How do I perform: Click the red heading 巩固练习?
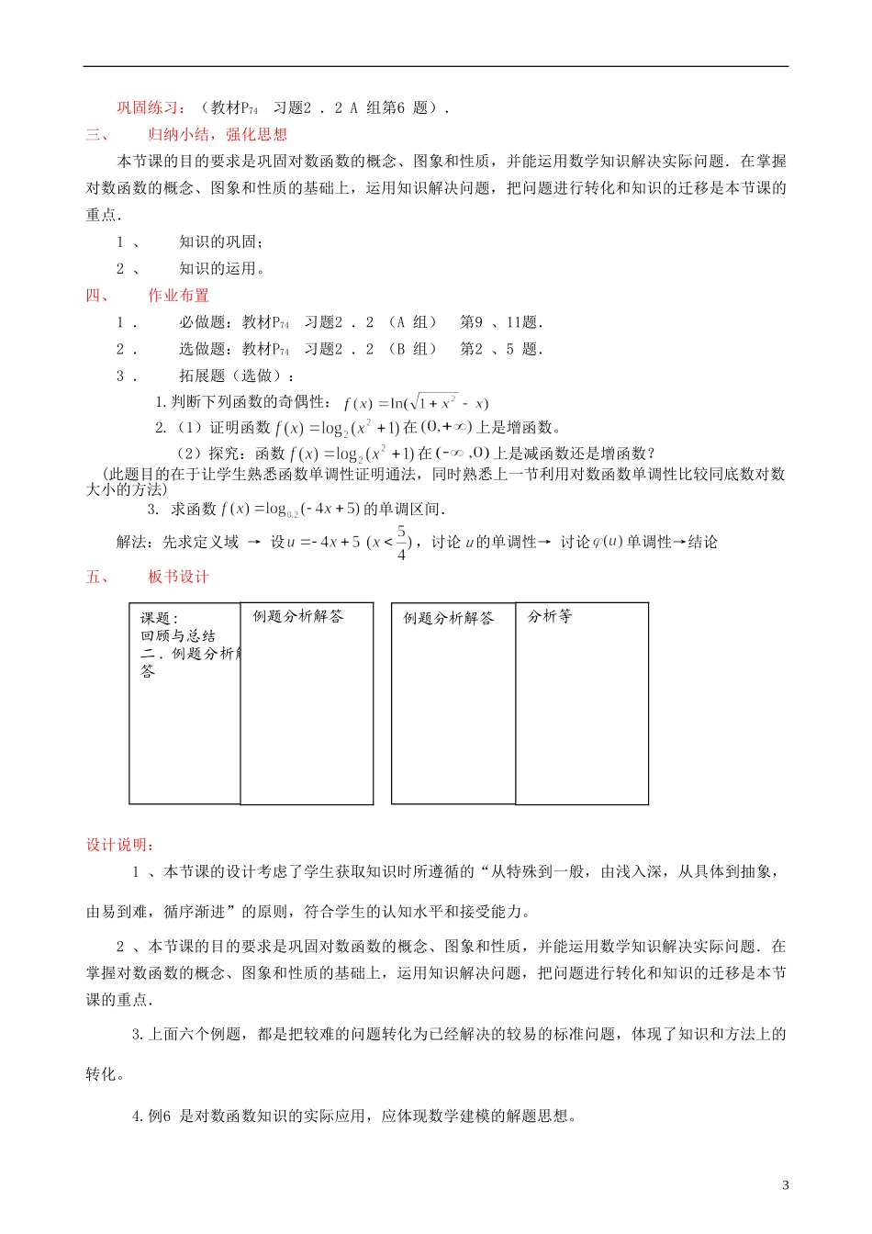pyautogui.click(x=150, y=108)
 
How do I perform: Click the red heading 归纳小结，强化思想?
pyautogui.click(x=218, y=135)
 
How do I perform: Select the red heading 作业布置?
pyautogui.click(x=179, y=296)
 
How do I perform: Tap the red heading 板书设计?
pyautogui.click(x=179, y=577)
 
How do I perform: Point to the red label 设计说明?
pyautogui.click(x=119, y=845)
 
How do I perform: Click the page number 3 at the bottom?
pyautogui.click(x=785, y=1185)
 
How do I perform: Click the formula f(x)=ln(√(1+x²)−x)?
pyautogui.click(x=416, y=403)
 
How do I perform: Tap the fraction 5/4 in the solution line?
pyautogui.click(x=401, y=543)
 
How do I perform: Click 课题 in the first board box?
pyautogui.click(x=157, y=619)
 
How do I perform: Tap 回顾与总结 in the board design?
pyautogui.click(x=178, y=636)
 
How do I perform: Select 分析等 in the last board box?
pyautogui.click(x=550, y=617)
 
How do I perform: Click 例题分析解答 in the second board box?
pyautogui.click(x=298, y=617)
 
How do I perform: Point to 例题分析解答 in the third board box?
pyautogui.click(x=449, y=619)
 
